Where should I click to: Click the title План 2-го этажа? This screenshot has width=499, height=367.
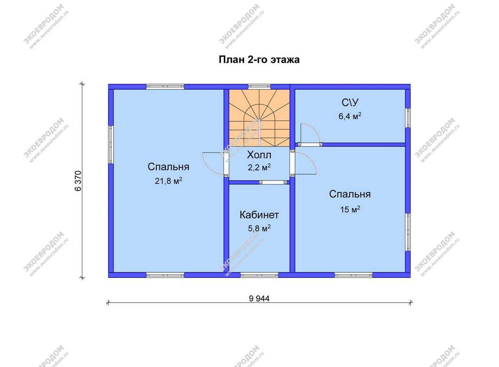(x=259, y=60)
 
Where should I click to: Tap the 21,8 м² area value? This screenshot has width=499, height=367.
(x=168, y=181)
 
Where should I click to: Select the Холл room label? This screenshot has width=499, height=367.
(x=259, y=155)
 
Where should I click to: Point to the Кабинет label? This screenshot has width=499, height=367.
(x=259, y=215)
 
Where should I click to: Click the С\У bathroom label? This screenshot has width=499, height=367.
(x=350, y=102)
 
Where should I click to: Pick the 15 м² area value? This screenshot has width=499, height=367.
(x=350, y=209)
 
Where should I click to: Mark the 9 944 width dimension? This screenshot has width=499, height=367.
(x=259, y=299)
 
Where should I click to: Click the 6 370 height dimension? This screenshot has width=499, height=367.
(x=79, y=181)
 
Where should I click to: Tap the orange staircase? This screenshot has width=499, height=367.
(x=259, y=118)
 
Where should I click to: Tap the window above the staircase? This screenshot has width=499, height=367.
(x=259, y=86)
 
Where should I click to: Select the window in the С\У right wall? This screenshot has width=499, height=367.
(x=408, y=118)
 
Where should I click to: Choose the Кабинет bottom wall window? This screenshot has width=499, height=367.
(x=259, y=275)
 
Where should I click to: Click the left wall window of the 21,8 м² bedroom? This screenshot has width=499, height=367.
(x=111, y=145)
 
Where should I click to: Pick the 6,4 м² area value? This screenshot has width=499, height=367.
(x=350, y=116)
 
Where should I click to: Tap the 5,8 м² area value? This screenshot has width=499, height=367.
(x=259, y=228)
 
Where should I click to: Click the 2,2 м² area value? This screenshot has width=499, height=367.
(x=259, y=167)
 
